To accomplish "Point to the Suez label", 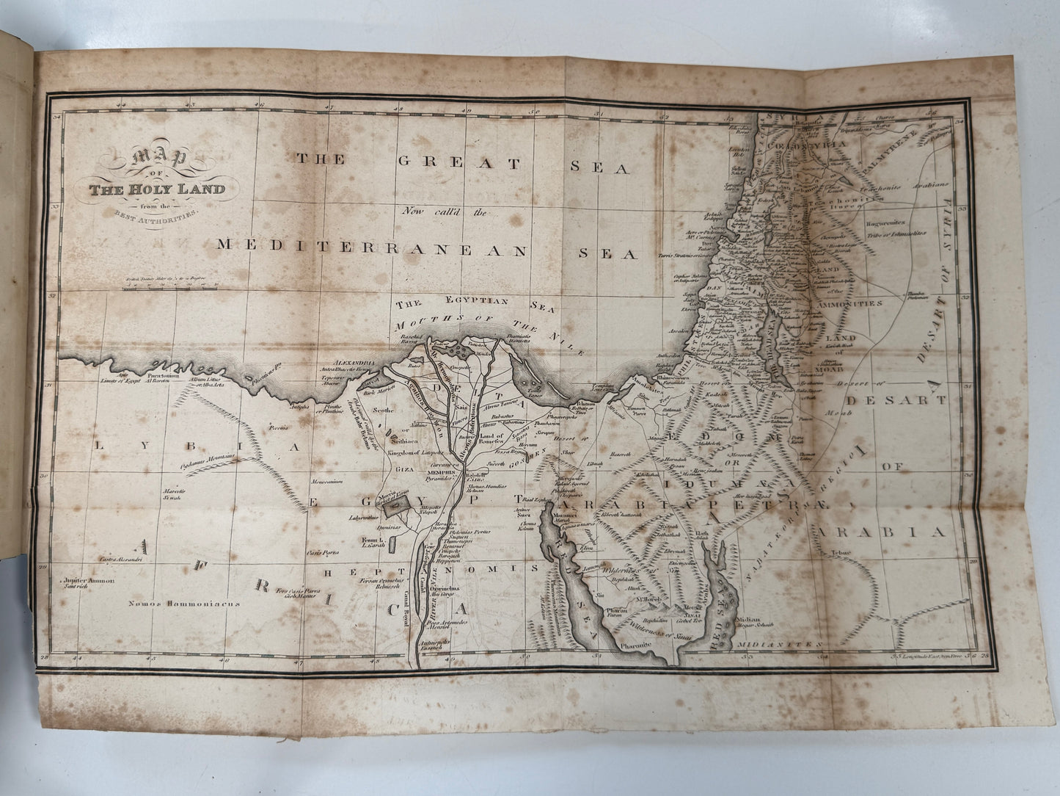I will coord(523,515).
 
